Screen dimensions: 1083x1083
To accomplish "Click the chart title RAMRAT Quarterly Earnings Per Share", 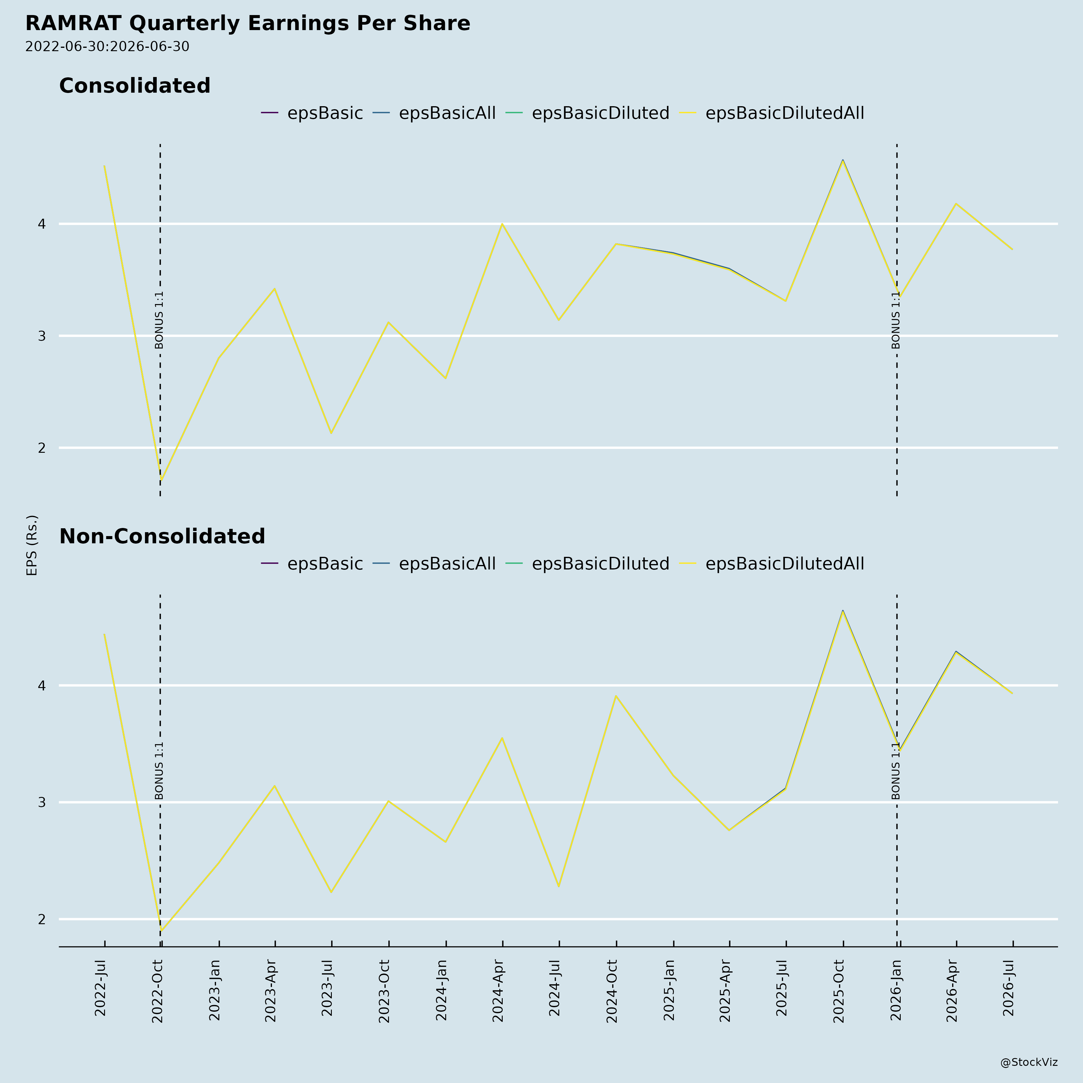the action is click(248, 23).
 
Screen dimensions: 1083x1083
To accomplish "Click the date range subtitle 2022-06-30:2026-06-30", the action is click(107, 47).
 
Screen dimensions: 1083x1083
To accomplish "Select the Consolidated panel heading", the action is click(134, 86).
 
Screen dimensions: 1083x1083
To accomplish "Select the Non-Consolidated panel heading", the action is click(162, 536).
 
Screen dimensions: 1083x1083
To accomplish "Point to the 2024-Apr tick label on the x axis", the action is click(498, 991).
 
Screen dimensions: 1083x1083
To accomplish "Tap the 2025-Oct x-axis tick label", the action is click(839, 991).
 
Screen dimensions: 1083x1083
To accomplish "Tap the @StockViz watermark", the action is click(1029, 1062).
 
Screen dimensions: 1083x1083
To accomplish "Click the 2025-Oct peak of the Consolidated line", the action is click(843, 160).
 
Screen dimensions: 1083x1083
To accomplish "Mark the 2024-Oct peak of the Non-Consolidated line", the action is click(616, 696).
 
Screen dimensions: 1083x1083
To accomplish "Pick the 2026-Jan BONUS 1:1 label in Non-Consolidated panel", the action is click(896, 771).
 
